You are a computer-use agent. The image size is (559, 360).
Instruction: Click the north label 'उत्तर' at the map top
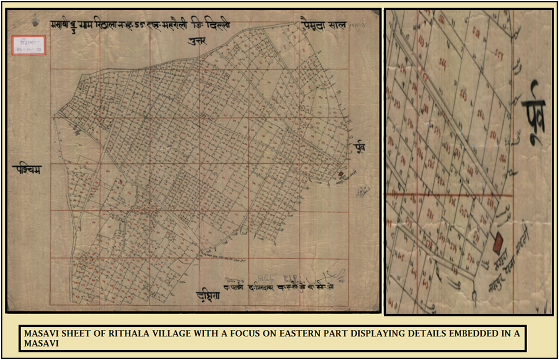click(197, 41)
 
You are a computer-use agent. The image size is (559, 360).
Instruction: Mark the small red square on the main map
click(341, 174)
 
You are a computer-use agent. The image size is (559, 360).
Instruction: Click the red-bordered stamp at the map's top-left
click(28, 45)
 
